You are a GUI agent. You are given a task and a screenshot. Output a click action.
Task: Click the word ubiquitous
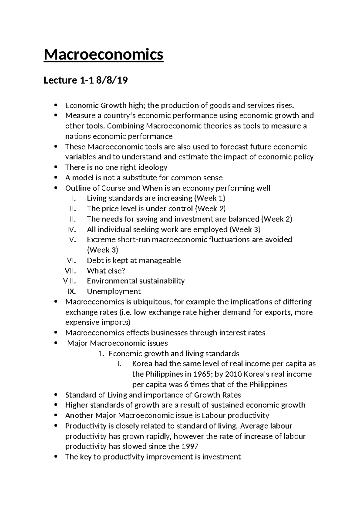click(x=152, y=302)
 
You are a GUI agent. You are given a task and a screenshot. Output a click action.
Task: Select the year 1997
click(x=190, y=446)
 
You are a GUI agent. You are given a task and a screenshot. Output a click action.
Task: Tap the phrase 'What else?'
click(x=106, y=271)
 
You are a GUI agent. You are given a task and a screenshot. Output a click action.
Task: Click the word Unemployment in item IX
click(x=114, y=291)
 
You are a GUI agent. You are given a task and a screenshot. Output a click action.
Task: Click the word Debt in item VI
click(x=94, y=261)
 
